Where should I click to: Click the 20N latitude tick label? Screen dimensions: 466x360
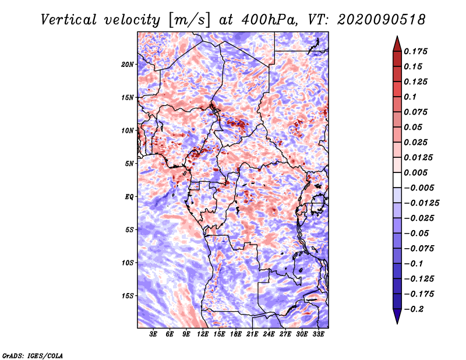[128, 65]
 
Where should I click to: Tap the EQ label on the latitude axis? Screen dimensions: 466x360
[129, 197]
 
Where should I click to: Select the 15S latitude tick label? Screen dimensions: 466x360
[128, 296]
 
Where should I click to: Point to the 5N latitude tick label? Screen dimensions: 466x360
[129, 164]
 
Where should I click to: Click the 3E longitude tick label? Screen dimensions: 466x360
[153, 334]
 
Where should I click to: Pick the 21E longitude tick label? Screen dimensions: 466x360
[252, 334]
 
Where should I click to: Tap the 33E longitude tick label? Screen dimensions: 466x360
[318, 334]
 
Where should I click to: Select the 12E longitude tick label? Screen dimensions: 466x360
[203, 334]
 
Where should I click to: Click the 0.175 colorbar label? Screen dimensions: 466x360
[415, 51]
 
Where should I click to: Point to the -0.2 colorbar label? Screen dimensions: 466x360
[414, 309]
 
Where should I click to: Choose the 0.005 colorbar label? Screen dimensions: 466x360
[415, 172]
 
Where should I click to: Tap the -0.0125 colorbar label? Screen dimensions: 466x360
[421, 203]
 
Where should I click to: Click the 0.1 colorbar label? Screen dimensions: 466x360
[410, 97]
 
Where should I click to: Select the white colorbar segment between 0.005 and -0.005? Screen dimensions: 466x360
[397, 180]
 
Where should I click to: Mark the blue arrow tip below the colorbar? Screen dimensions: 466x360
[397, 323]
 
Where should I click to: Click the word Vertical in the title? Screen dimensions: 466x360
[69, 20]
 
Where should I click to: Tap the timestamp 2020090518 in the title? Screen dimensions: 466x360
[382, 20]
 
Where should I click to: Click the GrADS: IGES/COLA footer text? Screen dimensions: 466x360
[33, 355]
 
